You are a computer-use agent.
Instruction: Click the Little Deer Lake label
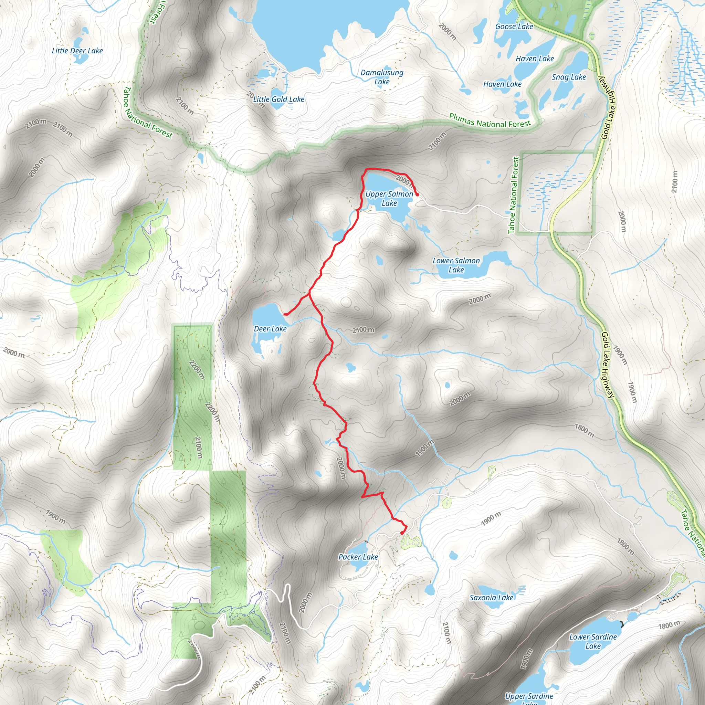tap(77, 51)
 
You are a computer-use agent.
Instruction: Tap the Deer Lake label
tap(270, 329)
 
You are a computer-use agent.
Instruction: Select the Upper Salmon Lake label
tap(389, 199)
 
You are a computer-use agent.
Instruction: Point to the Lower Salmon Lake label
tap(456, 265)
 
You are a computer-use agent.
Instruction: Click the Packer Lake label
tap(358, 557)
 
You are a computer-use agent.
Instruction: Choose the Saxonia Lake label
tap(491, 597)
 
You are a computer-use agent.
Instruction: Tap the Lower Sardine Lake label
tap(593, 641)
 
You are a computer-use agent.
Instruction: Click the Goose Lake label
tap(514, 27)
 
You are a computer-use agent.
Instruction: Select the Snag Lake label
tap(569, 77)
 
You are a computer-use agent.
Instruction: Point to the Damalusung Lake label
tap(382, 77)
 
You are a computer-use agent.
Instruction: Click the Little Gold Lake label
tap(279, 99)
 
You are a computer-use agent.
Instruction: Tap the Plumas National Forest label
tap(490, 121)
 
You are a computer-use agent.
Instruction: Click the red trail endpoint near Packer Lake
tap(402, 533)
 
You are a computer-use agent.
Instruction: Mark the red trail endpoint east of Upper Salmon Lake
tap(417, 195)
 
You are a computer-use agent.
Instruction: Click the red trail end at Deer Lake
tap(285, 314)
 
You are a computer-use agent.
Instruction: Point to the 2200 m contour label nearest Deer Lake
tap(197, 370)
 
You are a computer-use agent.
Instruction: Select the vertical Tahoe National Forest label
tap(513, 195)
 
